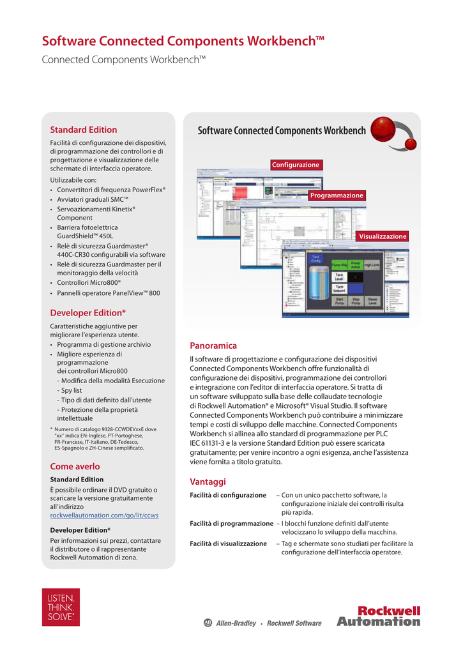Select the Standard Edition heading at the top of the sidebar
tap(84, 130)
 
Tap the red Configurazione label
tap(296, 165)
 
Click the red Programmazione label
tap(337, 195)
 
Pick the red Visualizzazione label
tap(382, 236)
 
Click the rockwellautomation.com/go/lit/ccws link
tap(104, 515)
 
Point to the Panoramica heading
tap(213, 346)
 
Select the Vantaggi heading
tap(208, 482)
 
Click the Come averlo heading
tap(75, 466)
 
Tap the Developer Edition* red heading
tap(87, 313)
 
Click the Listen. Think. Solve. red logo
tap(61, 607)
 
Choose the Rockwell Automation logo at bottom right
tap(379, 616)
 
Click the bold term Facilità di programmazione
tap(231, 524)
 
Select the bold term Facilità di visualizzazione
tap(228, 544)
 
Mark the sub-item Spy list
tap(71, 390)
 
